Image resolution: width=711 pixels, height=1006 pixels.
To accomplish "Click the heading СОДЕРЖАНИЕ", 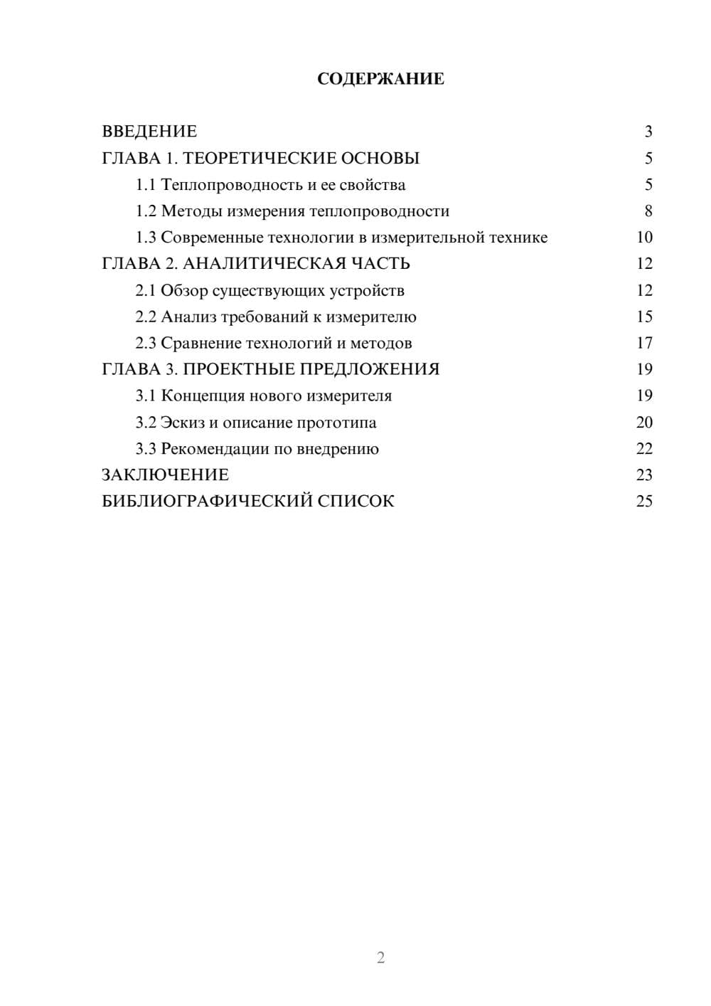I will click(380, 79).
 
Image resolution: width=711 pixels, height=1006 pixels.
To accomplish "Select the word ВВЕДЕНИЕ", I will click(149, 132).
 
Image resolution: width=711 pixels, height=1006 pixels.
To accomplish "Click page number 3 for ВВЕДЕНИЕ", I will click(648, 132).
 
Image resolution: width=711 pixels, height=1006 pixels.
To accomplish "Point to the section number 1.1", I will click(146, 185).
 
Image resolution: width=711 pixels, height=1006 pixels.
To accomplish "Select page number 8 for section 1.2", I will click(648, 211).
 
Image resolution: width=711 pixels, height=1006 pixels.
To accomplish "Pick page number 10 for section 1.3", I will click(644, 238).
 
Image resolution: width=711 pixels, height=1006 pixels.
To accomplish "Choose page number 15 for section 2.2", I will click(644, 317).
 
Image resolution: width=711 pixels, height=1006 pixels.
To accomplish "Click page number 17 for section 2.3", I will click(644, 344).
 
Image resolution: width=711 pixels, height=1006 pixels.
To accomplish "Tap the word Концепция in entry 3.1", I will click(203, 396).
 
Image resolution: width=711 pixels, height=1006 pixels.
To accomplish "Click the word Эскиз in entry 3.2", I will click(182, 423).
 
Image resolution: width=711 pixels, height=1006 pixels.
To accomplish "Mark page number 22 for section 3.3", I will click(644, 449).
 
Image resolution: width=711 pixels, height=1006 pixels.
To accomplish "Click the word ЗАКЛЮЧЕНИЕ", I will click(165, 475).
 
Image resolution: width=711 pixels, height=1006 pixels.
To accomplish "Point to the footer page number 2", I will click(380, 958).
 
